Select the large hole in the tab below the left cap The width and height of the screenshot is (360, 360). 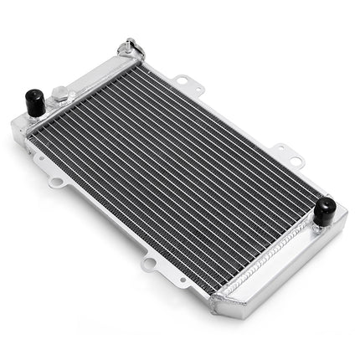tap(56, 182)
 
